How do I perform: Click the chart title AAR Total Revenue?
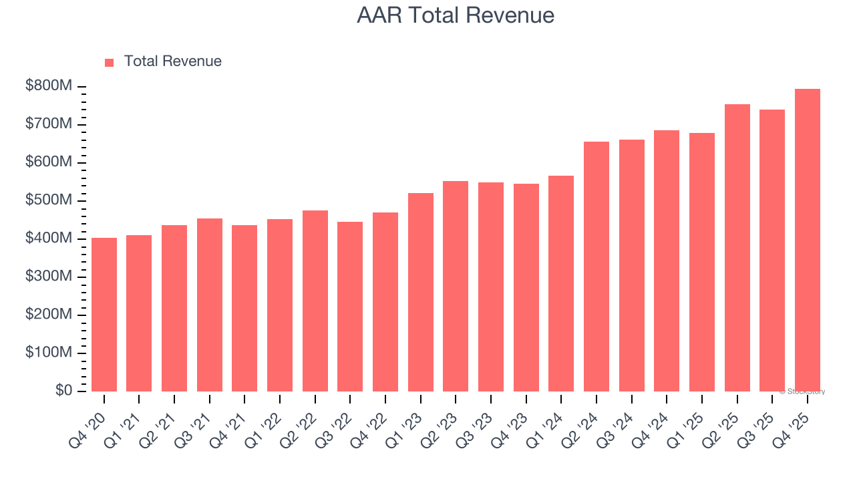pyautogui.click(x=456, y=15)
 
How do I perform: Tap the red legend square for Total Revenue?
pyautogui.click(x=110, y=62)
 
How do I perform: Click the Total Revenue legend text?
pyautogui.click(x=172, y=61)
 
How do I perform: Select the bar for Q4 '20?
pyautogui.click(x=104, y=315)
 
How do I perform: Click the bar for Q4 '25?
pyautogui.click(x=807, y=240)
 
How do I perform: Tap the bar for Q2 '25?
pyautogui.click(x=737, y=248)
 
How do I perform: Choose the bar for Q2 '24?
pyautogui.click(x=596, y=267)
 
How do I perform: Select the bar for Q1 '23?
pyautogui.click(x=421, y=293)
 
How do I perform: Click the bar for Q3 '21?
pyautogui.click(x=210, y=305)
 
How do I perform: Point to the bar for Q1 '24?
pyautogui.click(x=561, y=284)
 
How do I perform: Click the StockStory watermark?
pyautogui.click(x=802, y=391)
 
